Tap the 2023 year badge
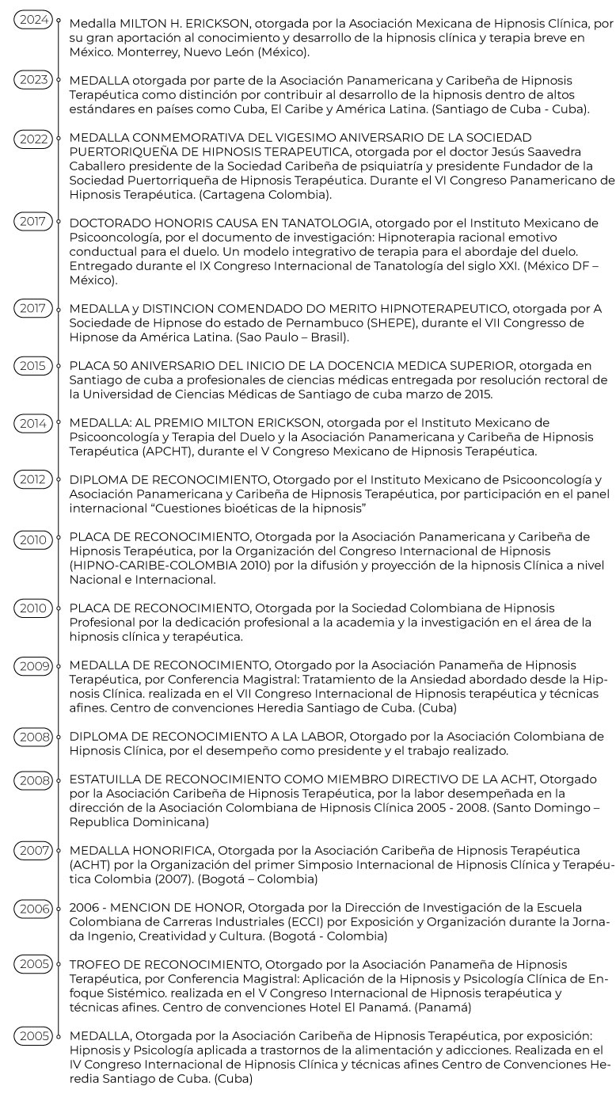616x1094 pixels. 32,79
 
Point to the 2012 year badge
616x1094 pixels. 32,479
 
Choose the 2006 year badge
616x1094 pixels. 32,907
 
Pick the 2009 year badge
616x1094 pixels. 32,665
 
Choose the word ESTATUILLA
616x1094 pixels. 108,780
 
